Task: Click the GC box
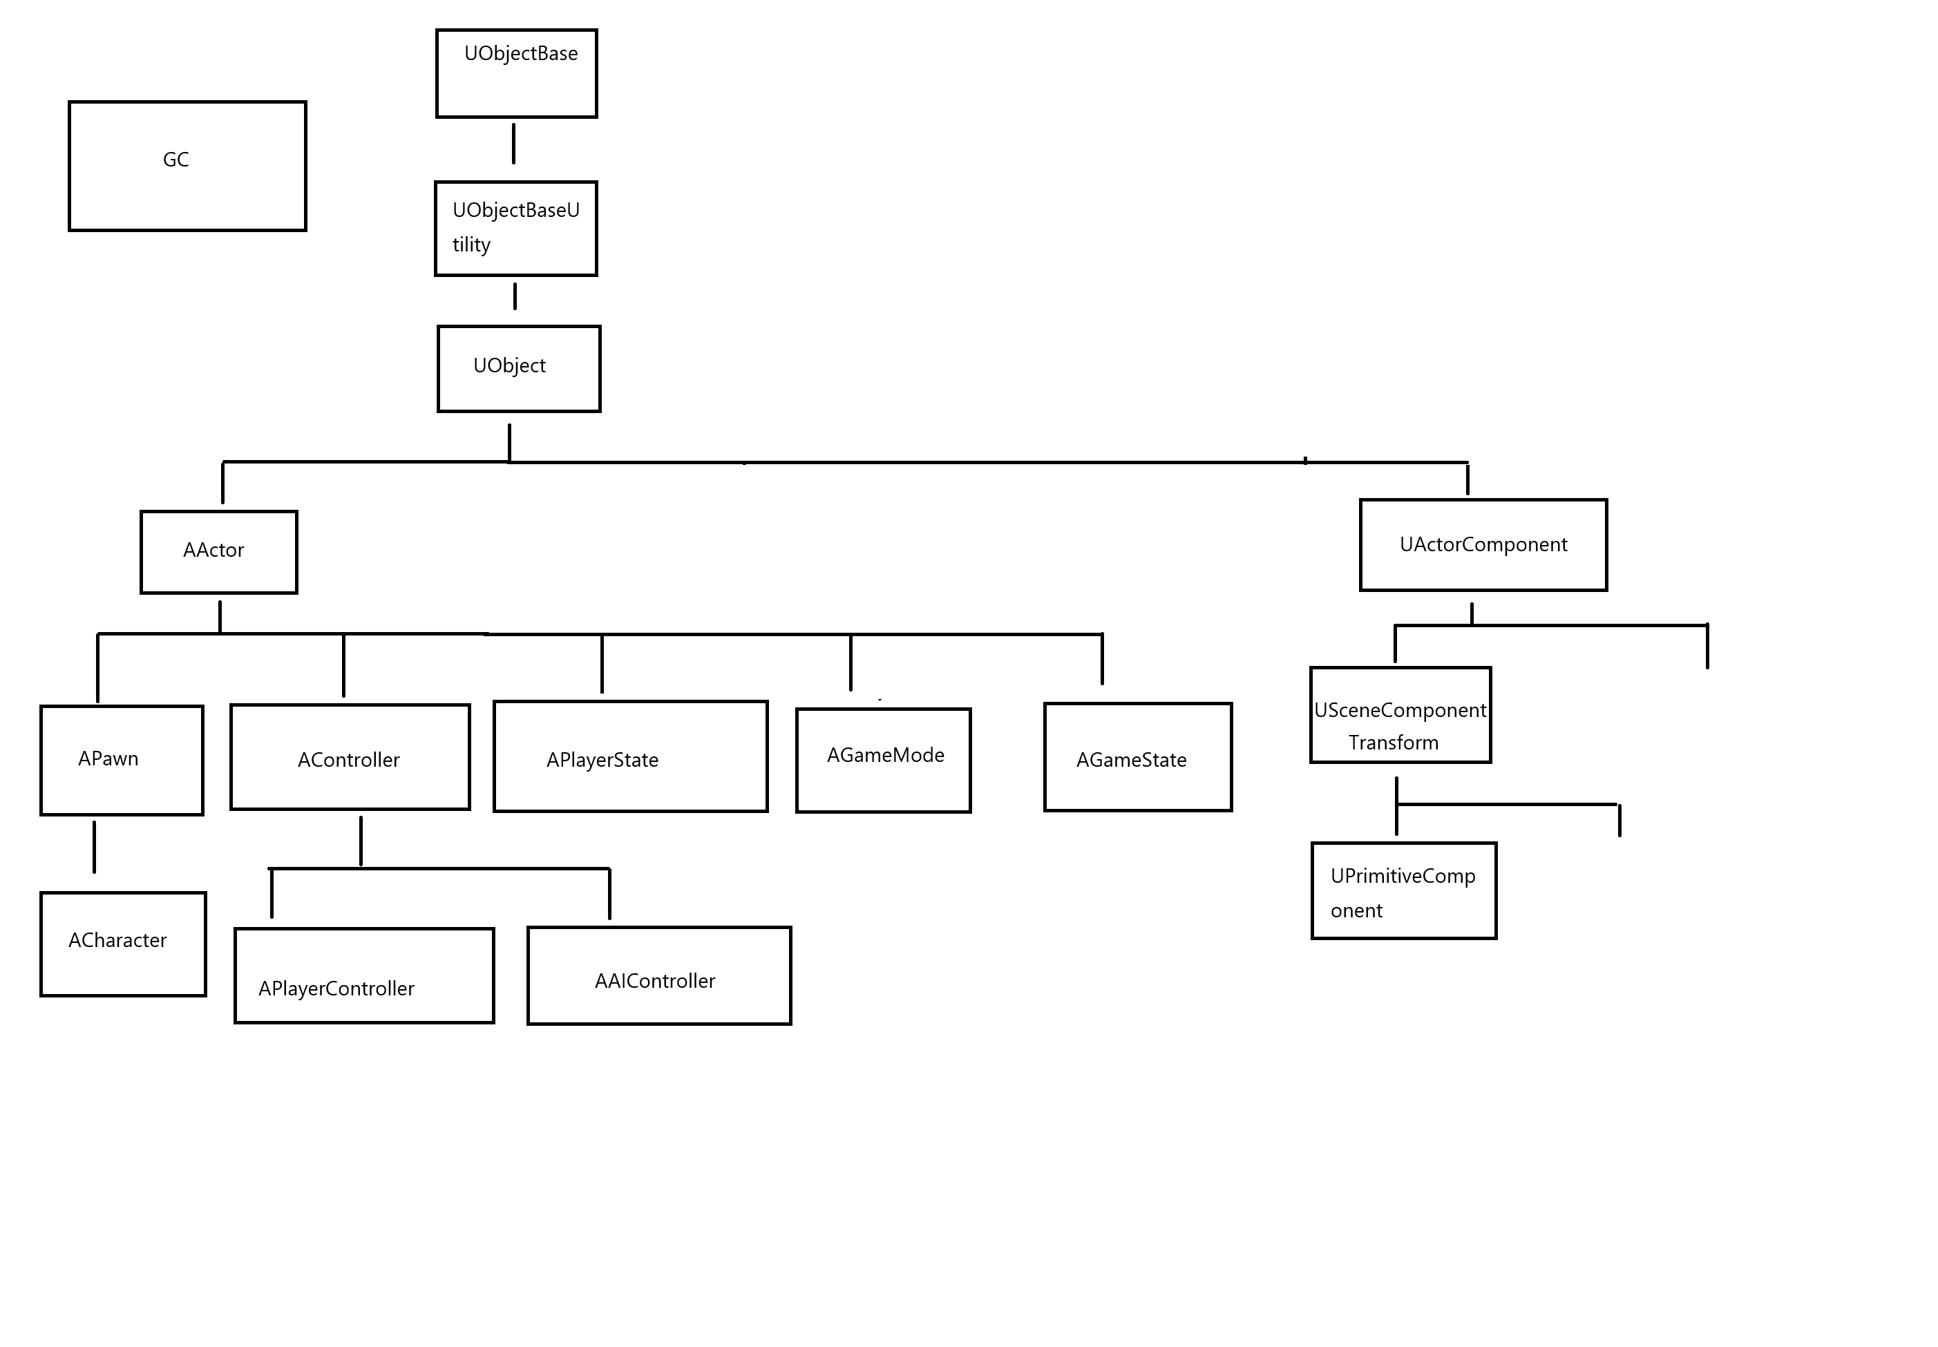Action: click(x=187, y=166)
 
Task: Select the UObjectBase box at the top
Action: click(x=517, y=73)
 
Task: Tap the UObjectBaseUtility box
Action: click(x=515, y=229)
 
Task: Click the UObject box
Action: click(x=519, y=369)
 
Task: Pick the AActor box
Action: click(x=218, y=552)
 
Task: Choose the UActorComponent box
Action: click(x=1483, y=545)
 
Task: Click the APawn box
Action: click(x=122, y=761)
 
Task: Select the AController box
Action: click(x=350, y=757)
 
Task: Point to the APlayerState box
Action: click(x=631, y=756)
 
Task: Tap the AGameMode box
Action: click(x=884, y=761)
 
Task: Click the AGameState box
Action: click(x=1138, y=757)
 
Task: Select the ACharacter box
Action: click(x=123, y=944)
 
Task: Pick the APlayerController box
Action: click(x=365, y=975)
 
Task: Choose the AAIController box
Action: click(x=659, y=975)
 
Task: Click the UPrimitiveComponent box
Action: click(x=1404, y=890)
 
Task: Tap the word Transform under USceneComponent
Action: click(x=1394, y=743)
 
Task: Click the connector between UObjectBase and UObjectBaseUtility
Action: click(x=513, y=144)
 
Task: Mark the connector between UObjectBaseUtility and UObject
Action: click(x=515, y=296)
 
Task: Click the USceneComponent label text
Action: click(x=1400, y=711)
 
